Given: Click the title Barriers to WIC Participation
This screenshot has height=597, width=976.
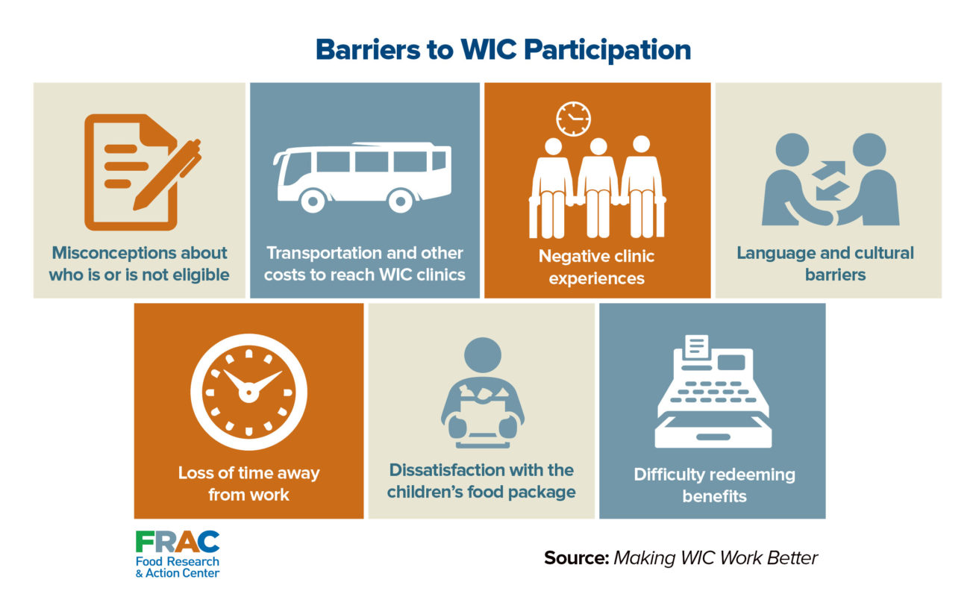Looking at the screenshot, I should pos(503,49).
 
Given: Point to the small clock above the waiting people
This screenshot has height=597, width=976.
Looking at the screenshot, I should pos(573,119).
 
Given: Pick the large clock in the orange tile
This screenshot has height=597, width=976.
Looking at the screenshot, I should pos(248,392).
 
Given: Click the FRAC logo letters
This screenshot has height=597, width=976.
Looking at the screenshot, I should pos(178,543).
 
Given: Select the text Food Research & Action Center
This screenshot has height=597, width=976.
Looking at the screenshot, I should pos(178,567).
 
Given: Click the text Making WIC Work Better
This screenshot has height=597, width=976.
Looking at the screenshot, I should pos(716,558).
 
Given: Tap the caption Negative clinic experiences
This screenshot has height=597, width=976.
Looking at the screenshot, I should pos(596,267).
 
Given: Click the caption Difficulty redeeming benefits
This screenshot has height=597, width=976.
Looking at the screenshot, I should pos(714,484).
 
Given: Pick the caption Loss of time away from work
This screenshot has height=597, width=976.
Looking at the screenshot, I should pos(248,483).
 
